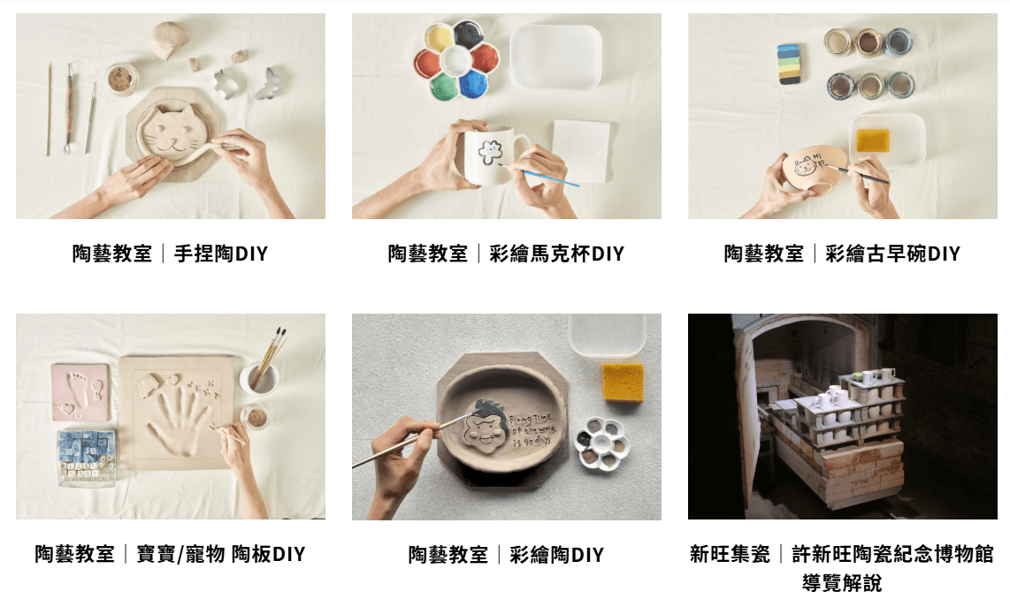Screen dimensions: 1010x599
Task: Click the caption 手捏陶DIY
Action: (x=221, y=254)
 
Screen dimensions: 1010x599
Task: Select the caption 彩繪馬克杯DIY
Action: (x=556, y=254)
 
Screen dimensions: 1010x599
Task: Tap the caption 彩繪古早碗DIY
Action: (x=892, y=254)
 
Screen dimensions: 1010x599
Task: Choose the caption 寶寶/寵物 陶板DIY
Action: (x=221, y=554)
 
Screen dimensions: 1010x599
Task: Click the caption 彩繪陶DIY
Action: (x=556, y=555)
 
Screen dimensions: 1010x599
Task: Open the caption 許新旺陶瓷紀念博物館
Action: (x=892, y=554)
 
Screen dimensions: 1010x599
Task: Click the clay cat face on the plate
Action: (x=172, y=132)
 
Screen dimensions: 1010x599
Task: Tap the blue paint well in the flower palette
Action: (x=473, y=84)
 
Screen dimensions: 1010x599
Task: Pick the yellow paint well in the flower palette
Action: (x=440, y=38)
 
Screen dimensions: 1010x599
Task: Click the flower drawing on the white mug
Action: (x=490, y=152)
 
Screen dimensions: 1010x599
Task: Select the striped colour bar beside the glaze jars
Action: (x=789, y=64)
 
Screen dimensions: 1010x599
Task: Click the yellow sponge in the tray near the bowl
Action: (x=873, y=140)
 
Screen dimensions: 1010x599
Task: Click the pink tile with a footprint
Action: (x=80, y=392)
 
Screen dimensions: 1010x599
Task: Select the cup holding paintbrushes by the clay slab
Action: (x=260, y=377)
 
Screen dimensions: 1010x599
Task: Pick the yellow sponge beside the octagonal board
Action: (x=623, y=382)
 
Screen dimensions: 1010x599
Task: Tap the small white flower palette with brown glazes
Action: (x=601, y=442)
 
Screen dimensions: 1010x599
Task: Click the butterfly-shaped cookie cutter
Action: (x=271, y=84)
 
